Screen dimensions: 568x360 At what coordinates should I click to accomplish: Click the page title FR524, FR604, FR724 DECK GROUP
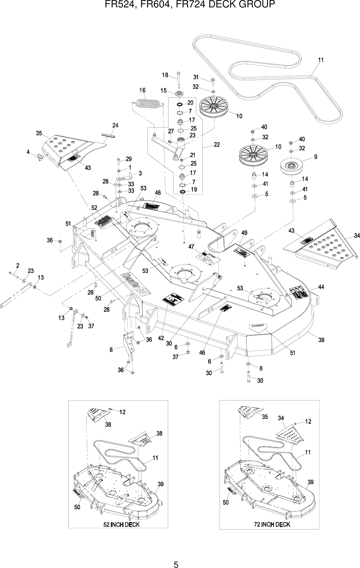[x=180, y=5]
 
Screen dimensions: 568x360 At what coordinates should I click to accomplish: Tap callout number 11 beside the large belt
[x=321, y=60]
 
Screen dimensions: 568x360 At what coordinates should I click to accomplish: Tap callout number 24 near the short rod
[x=115, y=125]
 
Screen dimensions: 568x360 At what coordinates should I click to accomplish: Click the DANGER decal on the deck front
[x=258, y=326]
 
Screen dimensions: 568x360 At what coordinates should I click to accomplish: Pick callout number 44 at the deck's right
[x=321, y=287]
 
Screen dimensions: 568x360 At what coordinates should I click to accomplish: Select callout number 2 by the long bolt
[x=18, y=265]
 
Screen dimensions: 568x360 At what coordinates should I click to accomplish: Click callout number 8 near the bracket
[x=111, y=349]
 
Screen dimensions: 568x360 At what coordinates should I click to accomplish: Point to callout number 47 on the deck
[x=191, y=247]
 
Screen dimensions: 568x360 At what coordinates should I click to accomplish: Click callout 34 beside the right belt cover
[x=356, y=236]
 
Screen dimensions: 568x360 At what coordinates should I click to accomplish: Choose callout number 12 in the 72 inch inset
[x=309, y=421]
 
